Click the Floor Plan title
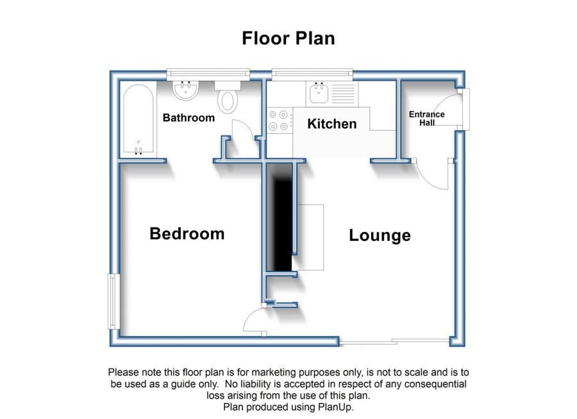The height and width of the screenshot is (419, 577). [288, 38]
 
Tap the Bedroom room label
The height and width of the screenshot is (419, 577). [187, 234]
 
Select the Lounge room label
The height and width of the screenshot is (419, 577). [380, 235]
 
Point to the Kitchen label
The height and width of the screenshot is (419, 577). [332, 124]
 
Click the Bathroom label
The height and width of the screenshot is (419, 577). [188, 118]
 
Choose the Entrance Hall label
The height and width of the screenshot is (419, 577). [427, 119]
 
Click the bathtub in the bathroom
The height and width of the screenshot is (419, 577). [138, 119]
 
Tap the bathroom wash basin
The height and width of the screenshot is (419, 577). [186, 90]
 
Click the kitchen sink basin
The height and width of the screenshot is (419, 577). [319, 93]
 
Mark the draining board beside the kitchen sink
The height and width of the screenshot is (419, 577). [344, 94]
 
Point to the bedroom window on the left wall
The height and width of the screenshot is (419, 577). [113, 301]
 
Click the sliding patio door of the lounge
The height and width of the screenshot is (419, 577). [394, 341]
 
